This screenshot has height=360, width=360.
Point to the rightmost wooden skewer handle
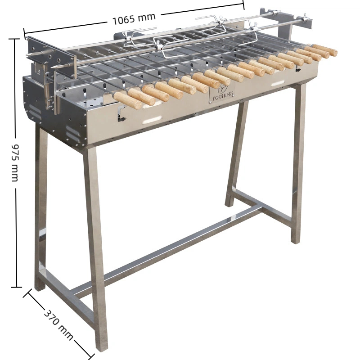(x=325, y=49)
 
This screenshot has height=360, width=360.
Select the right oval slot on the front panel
(x=278, y=83)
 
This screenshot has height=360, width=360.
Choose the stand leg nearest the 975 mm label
(x=41, y=207)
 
